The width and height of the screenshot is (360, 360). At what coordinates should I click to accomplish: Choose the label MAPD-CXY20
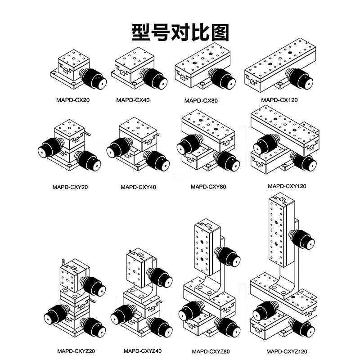click(x=70, y=187)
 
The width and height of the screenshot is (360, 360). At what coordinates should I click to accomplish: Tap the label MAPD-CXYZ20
click(x=76, y=351)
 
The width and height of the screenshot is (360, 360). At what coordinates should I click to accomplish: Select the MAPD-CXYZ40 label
click(x=143, y=351)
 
